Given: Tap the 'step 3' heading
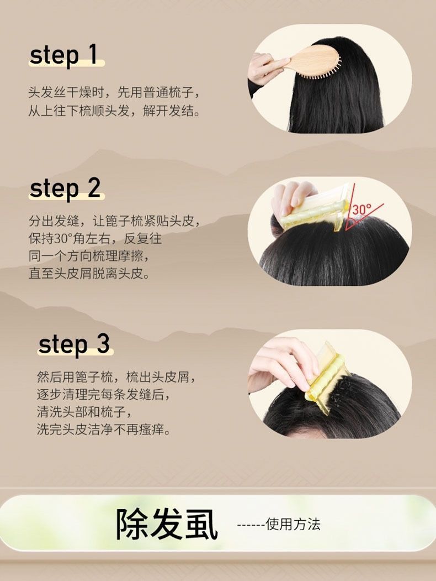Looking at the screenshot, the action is pos(74,344).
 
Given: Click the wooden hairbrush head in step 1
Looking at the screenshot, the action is pos(319,61).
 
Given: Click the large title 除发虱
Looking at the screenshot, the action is pos(167,524).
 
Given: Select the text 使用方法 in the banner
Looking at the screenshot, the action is pos(293,524).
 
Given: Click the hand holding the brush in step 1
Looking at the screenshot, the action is pos(264,69).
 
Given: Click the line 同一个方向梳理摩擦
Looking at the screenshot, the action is pos(89,256).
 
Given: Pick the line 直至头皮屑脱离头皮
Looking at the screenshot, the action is pos(89,274).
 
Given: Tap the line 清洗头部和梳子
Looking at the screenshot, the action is pos(84,412).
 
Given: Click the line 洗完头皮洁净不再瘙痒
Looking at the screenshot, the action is pos(104,430).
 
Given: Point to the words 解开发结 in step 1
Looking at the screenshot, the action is pos(168,111).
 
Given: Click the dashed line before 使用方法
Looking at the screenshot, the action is pos(251,525).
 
